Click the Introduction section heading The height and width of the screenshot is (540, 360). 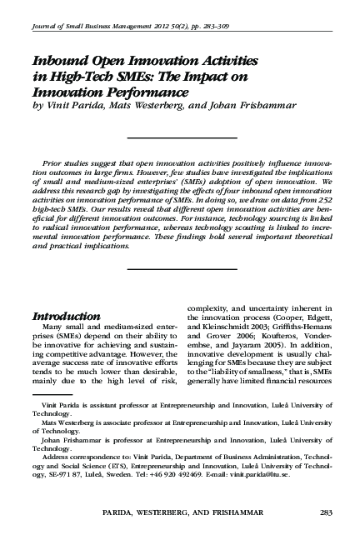point(72,317)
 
